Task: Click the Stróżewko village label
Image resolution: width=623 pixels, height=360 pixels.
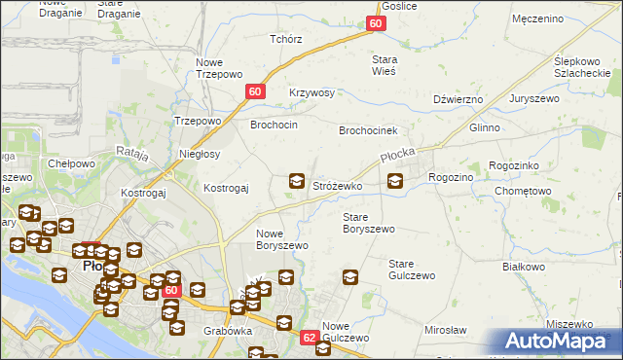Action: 337,185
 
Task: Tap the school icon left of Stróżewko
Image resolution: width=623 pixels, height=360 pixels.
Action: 297,181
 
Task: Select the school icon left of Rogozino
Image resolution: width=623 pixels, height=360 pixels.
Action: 395,180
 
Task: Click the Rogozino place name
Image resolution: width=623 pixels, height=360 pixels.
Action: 451,177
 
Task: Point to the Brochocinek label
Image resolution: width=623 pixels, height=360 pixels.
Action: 368,129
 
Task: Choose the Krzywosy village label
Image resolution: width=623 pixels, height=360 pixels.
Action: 311,92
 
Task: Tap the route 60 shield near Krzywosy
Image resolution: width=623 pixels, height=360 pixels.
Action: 255,91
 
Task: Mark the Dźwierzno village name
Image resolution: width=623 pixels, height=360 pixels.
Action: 458,99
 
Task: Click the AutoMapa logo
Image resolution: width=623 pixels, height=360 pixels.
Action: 559,341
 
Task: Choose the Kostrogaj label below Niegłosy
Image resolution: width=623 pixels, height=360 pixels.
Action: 226,188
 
